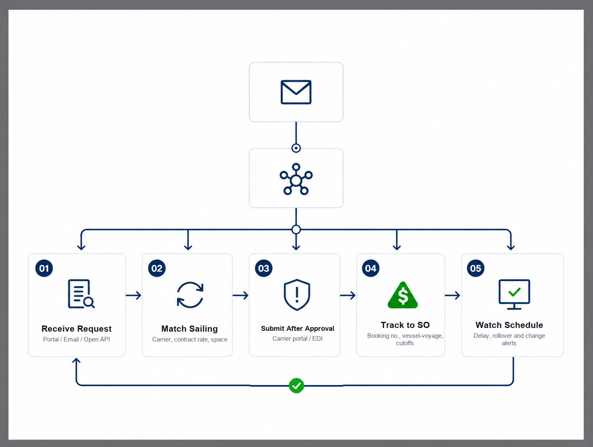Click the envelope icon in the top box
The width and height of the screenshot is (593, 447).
296,92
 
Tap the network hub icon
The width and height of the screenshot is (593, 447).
296,179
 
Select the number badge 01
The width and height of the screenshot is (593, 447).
44,268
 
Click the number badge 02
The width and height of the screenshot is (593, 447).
157,268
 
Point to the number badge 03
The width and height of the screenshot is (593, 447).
263,268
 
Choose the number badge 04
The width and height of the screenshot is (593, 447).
371,268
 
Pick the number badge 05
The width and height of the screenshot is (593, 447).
476,268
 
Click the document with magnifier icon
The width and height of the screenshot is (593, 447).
81,294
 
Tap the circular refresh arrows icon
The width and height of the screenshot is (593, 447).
190,295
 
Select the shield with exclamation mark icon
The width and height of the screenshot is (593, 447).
297,295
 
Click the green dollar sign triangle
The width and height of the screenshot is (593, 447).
403,295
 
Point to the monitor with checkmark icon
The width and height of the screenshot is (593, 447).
514,294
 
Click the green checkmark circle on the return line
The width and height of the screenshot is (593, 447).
296,385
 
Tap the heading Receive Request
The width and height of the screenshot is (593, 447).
76,329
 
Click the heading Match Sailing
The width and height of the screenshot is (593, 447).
189,329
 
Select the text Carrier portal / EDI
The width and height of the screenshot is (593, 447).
297,338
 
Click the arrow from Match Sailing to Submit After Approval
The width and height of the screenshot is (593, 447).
240,295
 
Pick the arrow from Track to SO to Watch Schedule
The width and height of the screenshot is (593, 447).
452,295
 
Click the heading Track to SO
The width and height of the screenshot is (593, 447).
405,325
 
